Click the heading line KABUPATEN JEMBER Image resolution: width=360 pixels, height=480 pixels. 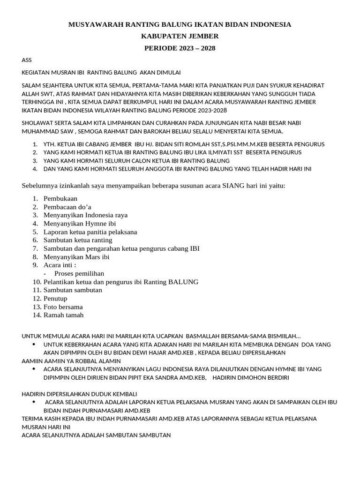[180, 36]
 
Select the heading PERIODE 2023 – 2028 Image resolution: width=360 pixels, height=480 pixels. [180, 48]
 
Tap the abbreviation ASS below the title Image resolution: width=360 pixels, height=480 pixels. [27, 60]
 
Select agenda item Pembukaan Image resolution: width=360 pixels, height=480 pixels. [60, 199]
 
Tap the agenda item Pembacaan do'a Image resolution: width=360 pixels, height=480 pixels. [67, 207]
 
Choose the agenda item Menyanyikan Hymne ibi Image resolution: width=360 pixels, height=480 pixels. [73, 224]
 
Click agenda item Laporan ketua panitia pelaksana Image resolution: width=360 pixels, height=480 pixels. [90, 232]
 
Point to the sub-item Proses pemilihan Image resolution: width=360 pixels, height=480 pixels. [79, 273]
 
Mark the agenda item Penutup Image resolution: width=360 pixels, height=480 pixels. [55, 299]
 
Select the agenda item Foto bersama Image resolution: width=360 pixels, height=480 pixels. [63, 307]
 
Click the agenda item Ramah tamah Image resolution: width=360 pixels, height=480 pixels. [63, 315]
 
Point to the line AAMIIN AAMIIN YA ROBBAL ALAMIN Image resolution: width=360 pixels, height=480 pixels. [71, 361]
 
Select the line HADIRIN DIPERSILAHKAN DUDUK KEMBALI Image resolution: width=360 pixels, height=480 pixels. [80, 394]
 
